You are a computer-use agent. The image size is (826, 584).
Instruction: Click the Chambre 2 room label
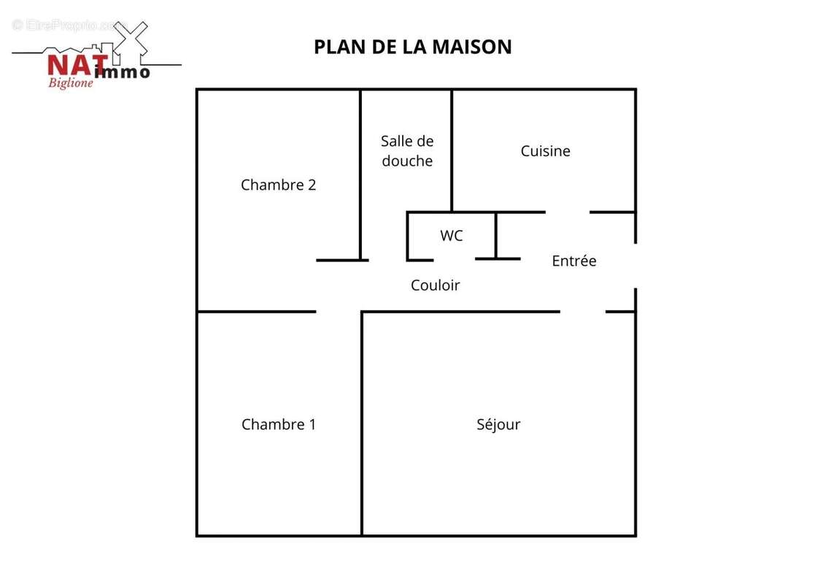tap(278, 185)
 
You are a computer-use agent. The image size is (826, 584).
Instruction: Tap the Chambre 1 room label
tap(278, 424)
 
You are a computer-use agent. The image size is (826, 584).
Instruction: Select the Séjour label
tap(498, 424)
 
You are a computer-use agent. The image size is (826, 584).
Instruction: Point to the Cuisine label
tap(545, 151)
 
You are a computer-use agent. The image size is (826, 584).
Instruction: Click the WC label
tap(451, 236)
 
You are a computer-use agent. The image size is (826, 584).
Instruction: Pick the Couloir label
tap(435, 285)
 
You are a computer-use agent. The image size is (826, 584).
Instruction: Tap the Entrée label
tap(574, 261)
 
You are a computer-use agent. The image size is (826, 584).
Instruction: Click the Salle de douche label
tap(407, 151)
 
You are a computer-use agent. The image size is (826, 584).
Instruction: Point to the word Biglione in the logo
tap(70, 82)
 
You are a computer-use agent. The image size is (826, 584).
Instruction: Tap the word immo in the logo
tap(123, 72)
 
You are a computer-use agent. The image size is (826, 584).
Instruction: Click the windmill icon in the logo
tap(131, 39)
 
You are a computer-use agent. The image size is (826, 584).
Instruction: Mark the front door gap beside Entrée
tap(635, 266)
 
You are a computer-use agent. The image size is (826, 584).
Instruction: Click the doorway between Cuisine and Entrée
tap(567, 212)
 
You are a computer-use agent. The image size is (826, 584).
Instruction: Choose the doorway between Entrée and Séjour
tap(582, 312)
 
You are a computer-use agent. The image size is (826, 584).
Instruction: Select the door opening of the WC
tap(454, 259)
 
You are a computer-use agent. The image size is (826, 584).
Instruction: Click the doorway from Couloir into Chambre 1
tap(339, 312)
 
